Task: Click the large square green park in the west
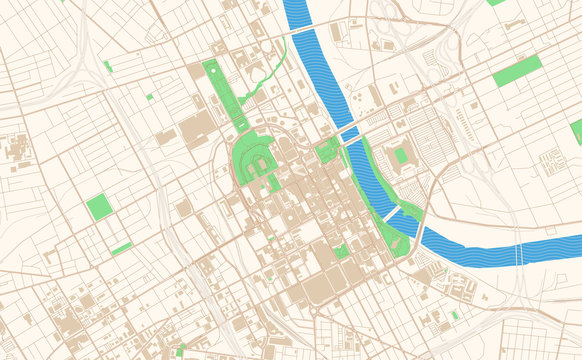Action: (99, 207)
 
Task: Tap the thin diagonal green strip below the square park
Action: (121, 248)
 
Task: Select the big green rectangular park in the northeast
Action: (517, 71)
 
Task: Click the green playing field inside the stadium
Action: (401, 156)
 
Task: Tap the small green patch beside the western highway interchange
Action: (108, 66)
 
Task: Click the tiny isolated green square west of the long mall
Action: (150, 97)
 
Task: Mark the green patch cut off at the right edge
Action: (576, 131)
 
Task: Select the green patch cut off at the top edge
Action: (496, 2)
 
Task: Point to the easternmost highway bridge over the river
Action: (518, 256)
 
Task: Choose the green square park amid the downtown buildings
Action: (342, 251)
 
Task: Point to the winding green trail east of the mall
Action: (264, 80)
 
